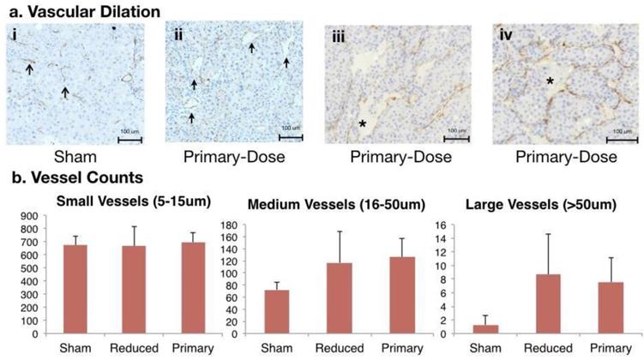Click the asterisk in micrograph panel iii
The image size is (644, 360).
tap(364, 125)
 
